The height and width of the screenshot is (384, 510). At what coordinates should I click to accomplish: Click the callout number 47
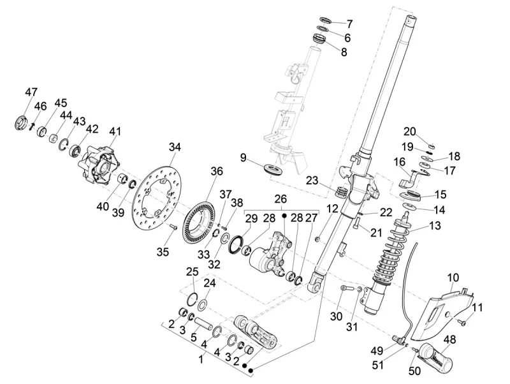(31, 92)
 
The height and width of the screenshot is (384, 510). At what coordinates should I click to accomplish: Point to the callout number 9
(243, 157)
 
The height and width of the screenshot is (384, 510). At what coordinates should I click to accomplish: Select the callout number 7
(349, 24)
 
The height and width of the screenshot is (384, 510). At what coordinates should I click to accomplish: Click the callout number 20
(410, 131)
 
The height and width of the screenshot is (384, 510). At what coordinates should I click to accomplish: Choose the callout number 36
(217, 171)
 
